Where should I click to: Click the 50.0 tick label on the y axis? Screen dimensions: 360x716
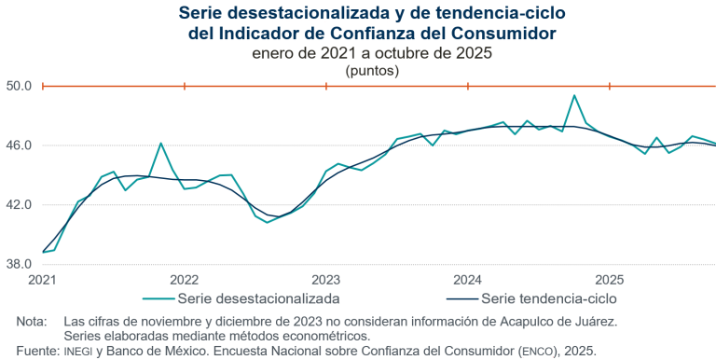click(x=20, y=86)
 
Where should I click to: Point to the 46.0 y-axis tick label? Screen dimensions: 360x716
click(x=20, y=145)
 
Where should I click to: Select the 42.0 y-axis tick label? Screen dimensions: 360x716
click(x=20, y=204)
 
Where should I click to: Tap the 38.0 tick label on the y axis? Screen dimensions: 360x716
click(x=20, y=264)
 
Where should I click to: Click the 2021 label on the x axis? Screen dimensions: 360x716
click(x=43, y=280)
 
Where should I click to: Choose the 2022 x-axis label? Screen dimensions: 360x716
click(x=185, y=280)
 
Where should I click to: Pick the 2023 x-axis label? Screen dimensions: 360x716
click(x=326, y=280)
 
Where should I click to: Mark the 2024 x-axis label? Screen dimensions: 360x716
click(x=467, y=280)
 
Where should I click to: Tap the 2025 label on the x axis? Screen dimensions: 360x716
click(x=609, y=280)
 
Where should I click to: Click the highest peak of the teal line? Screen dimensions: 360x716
click(x=574, y=95)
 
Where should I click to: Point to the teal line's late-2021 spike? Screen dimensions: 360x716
click(x=161, y=143)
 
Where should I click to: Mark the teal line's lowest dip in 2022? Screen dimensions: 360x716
click(x=267, y=222)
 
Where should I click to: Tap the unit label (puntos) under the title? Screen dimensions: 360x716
click(x=372, y=70)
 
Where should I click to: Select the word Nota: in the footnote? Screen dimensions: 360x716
click(x=32, y=321)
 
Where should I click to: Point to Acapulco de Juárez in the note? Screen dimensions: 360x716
click(x=559, y=321)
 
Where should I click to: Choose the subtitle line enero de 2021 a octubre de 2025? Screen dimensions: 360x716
click(x=372, y=53)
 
